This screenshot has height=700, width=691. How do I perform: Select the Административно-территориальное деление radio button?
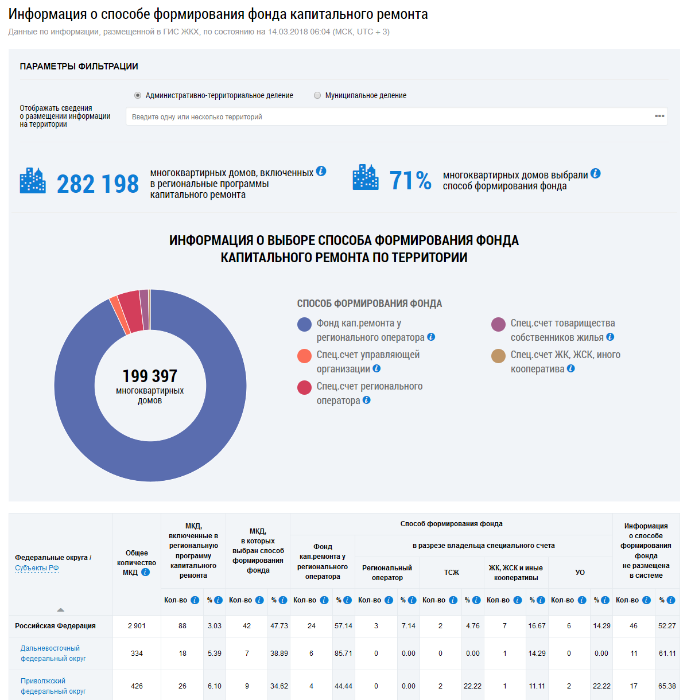pos(138,95)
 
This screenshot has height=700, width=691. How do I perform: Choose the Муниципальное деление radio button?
pos(317,95)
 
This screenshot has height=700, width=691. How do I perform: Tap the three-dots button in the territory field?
pos(659,116)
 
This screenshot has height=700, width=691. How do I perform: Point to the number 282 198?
pos(98,184)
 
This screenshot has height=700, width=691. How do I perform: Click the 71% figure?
pos(410,180)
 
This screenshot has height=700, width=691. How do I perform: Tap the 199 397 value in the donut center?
pos(150,376)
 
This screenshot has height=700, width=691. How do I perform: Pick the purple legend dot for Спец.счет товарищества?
pos(498,325)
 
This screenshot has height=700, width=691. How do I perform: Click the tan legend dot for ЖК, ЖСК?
pos(498,356)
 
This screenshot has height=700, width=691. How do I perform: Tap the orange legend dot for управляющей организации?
pos(304,356)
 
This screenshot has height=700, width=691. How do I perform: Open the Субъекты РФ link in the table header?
pos(37,568)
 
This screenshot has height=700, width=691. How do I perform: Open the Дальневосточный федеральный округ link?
pos(53,654)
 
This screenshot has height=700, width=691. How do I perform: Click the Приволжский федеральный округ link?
pos(53,686)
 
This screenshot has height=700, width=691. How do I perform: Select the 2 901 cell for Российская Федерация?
pos(137,626)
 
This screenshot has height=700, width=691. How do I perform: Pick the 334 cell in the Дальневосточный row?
pos(137,654)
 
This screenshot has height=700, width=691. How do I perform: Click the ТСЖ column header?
pos(451,572)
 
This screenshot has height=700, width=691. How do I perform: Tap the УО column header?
pos(580,572)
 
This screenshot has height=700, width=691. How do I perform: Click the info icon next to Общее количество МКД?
pos(145,573)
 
